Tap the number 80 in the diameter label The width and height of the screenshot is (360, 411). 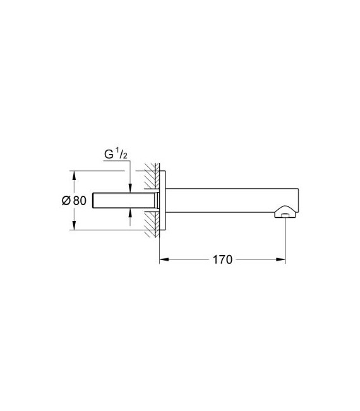click(x=79, y=201)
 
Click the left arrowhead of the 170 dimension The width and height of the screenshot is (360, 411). click(x=162, y=259)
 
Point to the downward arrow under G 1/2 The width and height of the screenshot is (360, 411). click(x=129, y=186)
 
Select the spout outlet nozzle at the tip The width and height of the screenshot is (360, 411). click(x=284, y=213)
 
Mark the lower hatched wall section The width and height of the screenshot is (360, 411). click(x=151, y=224)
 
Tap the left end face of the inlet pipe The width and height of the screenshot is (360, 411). click(x=93, y=200)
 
